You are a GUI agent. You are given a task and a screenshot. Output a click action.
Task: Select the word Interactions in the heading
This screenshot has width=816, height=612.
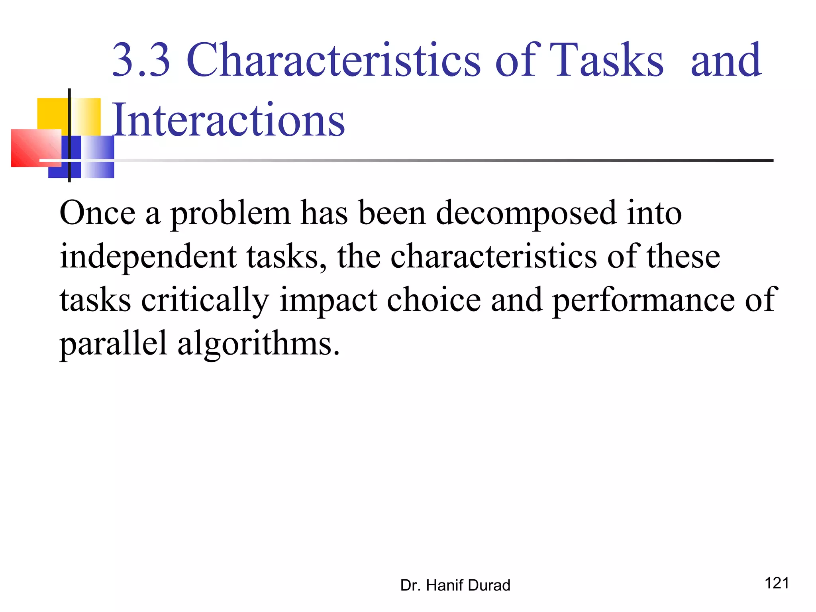coord(228,120)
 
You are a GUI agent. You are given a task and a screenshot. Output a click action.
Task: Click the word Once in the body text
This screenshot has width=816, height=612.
coord(97,213)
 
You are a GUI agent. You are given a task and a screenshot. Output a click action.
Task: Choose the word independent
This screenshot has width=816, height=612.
coord(148,257)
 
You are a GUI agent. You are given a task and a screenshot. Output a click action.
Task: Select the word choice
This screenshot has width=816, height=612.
coord(433,300)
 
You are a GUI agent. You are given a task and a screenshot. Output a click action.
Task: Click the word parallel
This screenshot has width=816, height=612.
coord(113,343)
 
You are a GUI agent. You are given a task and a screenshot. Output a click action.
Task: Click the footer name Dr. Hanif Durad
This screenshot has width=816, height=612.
coord(455,585)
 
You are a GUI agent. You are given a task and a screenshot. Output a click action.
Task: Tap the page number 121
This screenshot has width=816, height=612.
coord(777,583)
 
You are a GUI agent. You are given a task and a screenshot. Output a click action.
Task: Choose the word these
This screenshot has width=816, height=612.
coord(683,257)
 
